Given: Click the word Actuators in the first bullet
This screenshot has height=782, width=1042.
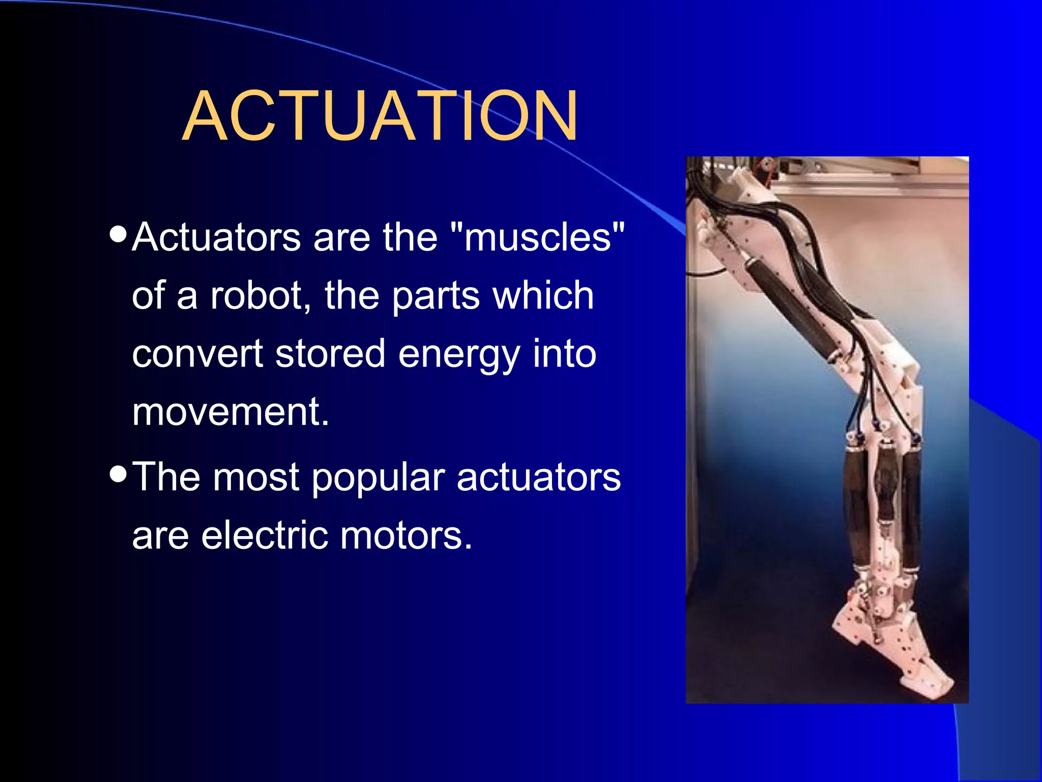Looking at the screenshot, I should tap(216, 237).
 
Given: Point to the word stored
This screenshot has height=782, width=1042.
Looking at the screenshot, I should tap(330, 354).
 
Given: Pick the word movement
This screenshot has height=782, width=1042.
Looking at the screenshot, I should tap(230, 411).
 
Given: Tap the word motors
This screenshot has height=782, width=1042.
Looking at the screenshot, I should tap(406, 536).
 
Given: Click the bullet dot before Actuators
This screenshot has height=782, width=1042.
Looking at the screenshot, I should tap(118, 235).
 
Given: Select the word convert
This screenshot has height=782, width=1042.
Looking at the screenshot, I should tap(197, 354).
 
